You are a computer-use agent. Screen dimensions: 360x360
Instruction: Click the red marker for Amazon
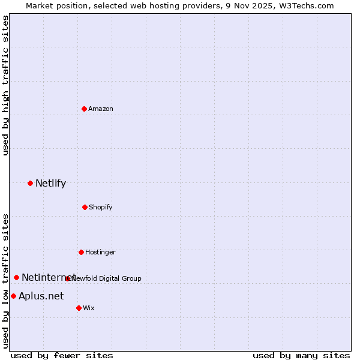(84, 109)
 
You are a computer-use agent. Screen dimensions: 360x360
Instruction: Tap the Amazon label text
(101, 109)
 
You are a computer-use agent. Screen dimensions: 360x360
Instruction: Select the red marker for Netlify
(30, 183)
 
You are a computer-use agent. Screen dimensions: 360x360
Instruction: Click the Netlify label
(50, 184)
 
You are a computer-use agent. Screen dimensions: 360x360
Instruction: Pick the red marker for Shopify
(85, 207)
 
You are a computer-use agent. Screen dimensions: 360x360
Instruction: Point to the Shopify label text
(101, 208)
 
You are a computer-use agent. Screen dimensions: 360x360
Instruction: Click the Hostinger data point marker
(81, 252)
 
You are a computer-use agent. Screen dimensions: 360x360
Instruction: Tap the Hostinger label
(100, 253)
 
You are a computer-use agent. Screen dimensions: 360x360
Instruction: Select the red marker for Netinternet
(16, 277)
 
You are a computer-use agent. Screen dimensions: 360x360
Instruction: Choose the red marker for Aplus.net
(13, 296)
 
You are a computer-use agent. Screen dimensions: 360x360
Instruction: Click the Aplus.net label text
(41, 296)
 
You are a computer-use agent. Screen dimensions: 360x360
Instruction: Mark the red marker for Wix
(79, 308)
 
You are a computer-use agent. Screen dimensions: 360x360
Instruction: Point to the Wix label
(89, 308)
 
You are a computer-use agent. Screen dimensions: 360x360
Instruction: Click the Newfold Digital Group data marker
(67, 278)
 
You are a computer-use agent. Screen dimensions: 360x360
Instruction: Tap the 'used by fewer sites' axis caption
(62, 356)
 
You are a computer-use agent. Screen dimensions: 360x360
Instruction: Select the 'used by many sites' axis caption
(301, 356)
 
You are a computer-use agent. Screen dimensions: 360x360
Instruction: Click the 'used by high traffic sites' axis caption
(6, 85)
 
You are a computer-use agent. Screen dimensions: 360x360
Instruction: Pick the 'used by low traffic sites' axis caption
(6, 281)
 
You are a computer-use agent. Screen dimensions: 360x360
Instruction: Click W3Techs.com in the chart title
(305, 5)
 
